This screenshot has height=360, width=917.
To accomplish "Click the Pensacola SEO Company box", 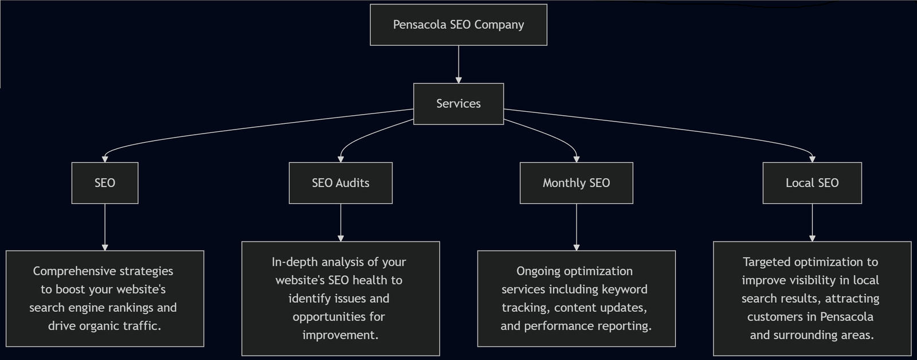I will [458, 25].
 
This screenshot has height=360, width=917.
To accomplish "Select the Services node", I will [458, 104].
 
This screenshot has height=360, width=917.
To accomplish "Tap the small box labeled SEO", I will [105, 183].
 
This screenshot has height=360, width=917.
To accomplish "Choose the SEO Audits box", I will [340, 183].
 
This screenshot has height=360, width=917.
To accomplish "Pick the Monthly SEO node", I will [576, 183].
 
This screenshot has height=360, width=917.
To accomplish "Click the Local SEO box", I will [812, 183].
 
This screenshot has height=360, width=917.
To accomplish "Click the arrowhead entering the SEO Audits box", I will [340, 159].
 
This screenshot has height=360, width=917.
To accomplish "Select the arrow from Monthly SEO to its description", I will [577, 227].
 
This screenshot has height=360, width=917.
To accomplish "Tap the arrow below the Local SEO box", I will [812, 222].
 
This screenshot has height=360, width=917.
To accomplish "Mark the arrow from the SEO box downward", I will [105, 227].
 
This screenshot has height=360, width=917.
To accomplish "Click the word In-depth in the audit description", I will [293, 262].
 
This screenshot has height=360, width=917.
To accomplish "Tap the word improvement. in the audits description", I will [340, 335].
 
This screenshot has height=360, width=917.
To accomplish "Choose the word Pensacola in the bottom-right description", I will [847, 317].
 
